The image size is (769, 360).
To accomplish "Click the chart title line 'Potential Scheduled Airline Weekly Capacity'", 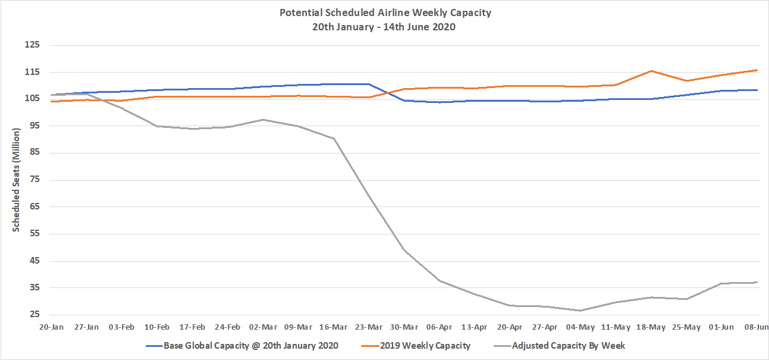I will click(x=385, y=12).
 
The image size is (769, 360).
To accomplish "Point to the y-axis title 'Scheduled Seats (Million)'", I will click(x=17, y=179).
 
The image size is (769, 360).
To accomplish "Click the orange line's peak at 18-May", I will click(x=651, y=71).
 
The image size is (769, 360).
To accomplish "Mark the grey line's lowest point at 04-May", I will click(x=580, y=311).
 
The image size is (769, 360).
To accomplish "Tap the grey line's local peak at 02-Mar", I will click(x=263, y=120).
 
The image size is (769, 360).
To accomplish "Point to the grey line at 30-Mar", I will click(x=404, y=250).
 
